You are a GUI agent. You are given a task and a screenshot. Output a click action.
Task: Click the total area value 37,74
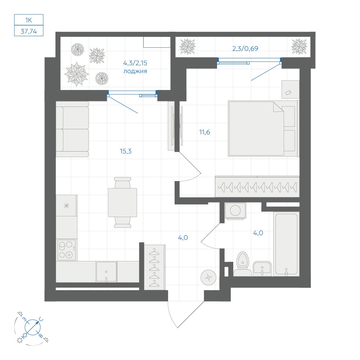click(x=29, y=31)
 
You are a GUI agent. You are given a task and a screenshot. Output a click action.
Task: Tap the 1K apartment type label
click(x=29, y=20)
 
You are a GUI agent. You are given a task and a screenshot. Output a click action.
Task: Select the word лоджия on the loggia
click(x=135, y=71)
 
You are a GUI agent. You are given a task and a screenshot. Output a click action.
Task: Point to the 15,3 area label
click(x=126, y=151)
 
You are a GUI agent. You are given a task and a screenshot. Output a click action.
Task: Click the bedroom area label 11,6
click(x=204, y=132)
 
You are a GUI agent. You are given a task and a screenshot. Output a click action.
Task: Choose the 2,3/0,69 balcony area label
click(x=245, y=49)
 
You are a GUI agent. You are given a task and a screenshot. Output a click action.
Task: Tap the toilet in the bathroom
click(x=242, y=264)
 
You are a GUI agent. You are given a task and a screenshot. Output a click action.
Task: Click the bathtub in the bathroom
click(x=287, y=244)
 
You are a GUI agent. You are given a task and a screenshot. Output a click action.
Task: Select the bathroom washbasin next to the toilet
click(x=262, y=269)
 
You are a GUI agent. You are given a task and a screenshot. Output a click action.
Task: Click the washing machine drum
click(x=235, y=210)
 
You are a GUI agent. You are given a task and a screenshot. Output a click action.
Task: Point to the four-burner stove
click(x=67, y=250)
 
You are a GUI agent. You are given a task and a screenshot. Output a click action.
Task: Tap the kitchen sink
click(x=106, y=271)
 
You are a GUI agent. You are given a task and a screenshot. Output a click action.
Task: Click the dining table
click(x=123, y=202)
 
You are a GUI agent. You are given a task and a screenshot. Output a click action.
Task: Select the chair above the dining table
click(x=123, y=183)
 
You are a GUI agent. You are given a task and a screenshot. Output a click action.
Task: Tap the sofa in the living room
click(x=72, y=129)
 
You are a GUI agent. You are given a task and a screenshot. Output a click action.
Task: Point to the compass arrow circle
click(x=33, y=327)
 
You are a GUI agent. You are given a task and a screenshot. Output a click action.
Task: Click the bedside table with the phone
click(x=291, y=90)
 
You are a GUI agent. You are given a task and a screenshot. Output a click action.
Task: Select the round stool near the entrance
click(x=208, y=277)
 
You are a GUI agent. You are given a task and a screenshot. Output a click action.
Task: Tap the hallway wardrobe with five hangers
click(x=154, y=267)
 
